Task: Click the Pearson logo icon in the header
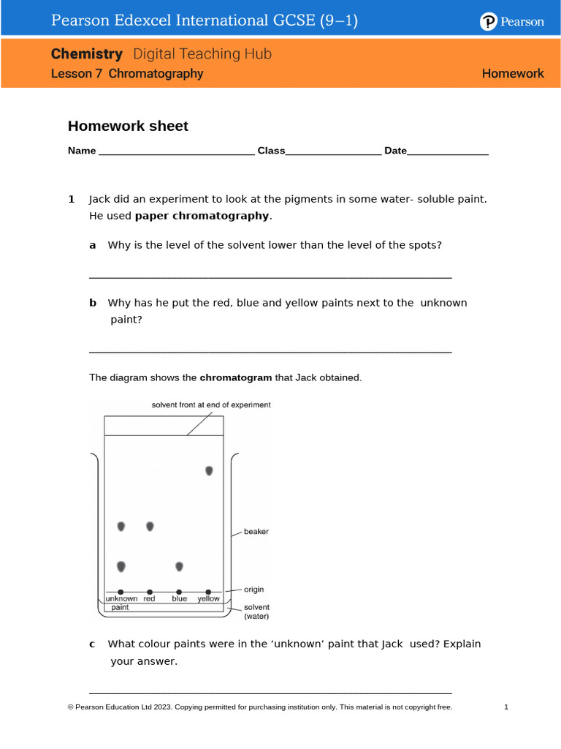point(488,22)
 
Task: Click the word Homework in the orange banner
point(513,73)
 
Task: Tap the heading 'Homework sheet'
point(128,126)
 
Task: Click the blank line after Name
point(176,153)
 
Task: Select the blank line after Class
point(333,153)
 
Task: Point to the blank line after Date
point(448,153)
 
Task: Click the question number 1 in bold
point(72,199)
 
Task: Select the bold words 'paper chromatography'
point(202,216)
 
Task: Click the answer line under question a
point(270,277)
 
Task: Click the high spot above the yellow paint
point(209,470)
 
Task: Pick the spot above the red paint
point(150,526)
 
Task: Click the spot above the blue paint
point(179,566)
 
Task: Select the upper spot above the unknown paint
point(121,526)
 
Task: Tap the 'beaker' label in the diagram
point(256,532)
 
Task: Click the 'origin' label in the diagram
point(254,590)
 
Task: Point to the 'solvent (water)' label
point(256,611)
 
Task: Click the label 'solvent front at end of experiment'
point(211,404)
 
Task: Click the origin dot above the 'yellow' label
point(208,591)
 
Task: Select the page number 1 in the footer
point(506,707)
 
